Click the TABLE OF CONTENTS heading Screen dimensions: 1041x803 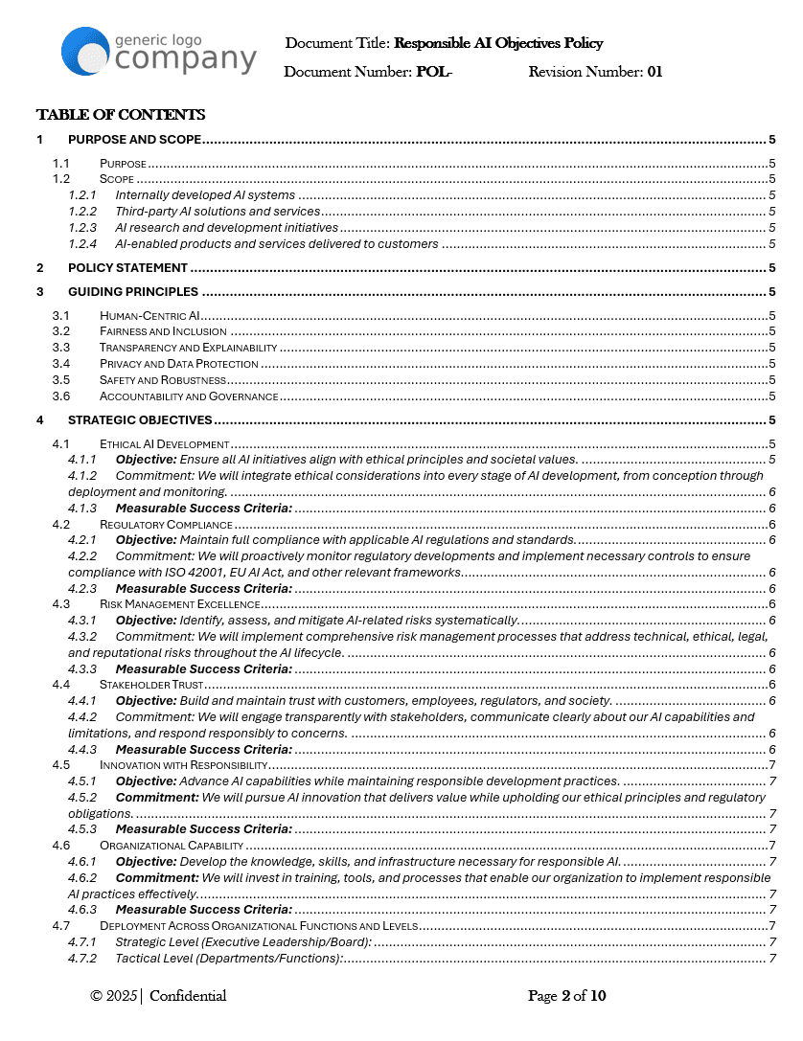(x=121, y=115)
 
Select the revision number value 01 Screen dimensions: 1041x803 (x=654, y=72)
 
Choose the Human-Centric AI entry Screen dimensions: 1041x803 (x=149, y=315)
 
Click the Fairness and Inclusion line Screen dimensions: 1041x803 (x=163, y=331)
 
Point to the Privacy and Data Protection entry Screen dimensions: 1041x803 (x=178, y=364)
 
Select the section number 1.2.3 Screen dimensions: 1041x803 (x=82, y=228)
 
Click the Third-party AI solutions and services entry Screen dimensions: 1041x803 (x=218, y=212)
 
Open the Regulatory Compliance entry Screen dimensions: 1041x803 (x=166, y=525)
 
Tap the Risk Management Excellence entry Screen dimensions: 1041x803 (x=179, y=604)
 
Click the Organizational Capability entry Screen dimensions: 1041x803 (x=172, y=846)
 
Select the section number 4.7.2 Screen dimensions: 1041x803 (x=82, y=959)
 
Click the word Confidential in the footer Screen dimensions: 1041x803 (x=188, y=996)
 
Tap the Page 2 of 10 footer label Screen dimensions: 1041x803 (x=567, y=996)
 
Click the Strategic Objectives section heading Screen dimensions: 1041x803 (x=140, y=419)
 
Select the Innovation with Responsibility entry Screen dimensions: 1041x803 (x=183, y=765)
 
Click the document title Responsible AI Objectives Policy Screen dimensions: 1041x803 (x=498, y=43)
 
